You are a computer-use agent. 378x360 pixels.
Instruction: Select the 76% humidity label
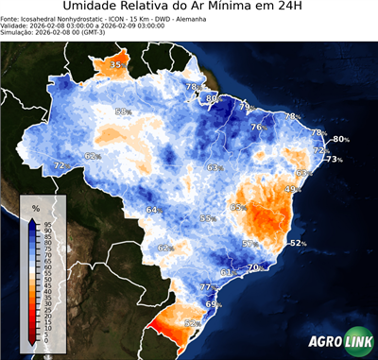(x=256, y=128)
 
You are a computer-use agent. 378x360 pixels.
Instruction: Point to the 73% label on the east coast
(x=333, y=160)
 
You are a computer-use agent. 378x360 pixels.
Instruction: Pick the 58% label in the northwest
(x=122, y=111)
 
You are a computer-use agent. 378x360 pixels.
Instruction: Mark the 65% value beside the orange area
(x=237, y=207)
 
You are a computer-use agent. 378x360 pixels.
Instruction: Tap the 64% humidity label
(x=152, y=210)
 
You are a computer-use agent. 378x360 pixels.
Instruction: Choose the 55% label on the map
(x=206, y=218)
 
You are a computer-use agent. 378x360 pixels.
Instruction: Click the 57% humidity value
(x=249, y=244)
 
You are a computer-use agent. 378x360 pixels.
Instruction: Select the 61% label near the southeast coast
(x=226, y=272)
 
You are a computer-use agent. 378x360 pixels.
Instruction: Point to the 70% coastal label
(x=253, y=268)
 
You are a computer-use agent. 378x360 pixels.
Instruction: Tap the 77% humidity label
(x=206, y=286)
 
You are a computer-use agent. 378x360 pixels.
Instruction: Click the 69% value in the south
(x=213, y=304)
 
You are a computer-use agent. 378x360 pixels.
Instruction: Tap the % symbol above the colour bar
(x=35, y=207)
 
